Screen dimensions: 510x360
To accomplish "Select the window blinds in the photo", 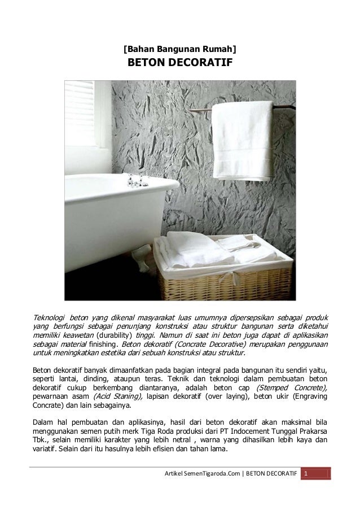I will pyautogui.click(x=79, y=114).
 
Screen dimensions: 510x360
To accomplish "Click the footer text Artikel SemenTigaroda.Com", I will pyautogui.click(x=200, y=473).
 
